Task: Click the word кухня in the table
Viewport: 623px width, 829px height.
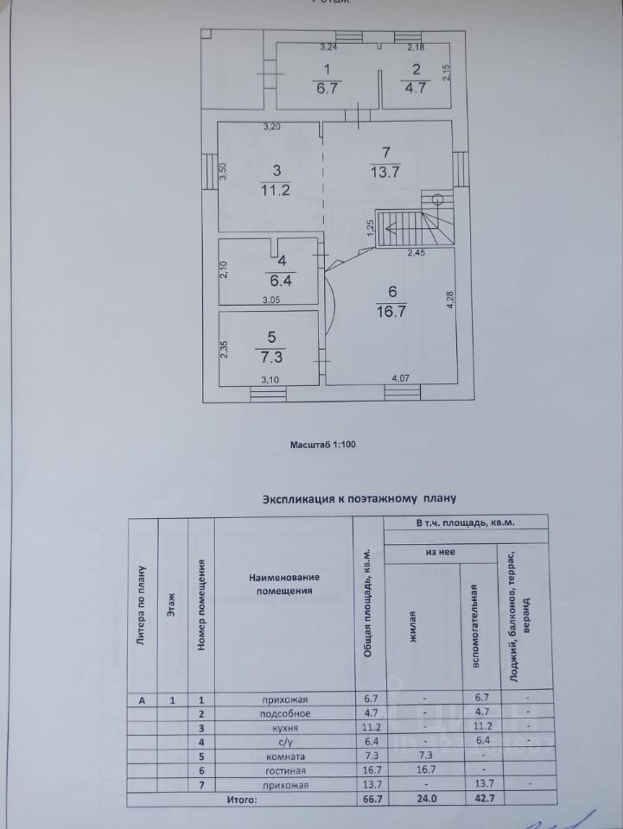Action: pyautogui.click(x=283, y=728)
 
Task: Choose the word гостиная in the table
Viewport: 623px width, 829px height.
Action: pyautogui.click(x=283, y=769)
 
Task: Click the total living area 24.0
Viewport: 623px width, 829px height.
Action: pyautogui.click(x=423, y=801)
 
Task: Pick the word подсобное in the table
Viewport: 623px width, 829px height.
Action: pyautogui.click(x=283, y=714)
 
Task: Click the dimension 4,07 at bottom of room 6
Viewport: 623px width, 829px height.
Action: pyautogui.click(x=401, y=378)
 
